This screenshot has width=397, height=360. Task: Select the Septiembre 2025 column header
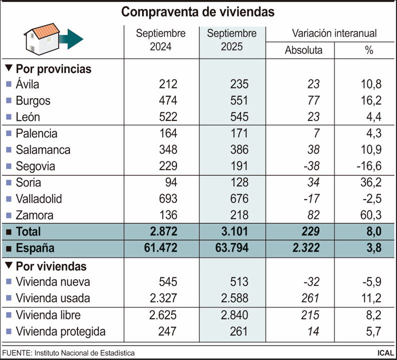(x=232, y=40)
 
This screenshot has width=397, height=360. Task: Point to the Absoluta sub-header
(x=303, y=50)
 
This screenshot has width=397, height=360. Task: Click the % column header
(x=369, y=50)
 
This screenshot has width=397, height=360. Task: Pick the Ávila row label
(x=27, y=84)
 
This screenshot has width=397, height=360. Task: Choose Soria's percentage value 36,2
(x=370, y=182)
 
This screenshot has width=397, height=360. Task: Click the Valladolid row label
(x=39, y=199)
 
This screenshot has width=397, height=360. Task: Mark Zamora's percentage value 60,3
(x=370, y=215)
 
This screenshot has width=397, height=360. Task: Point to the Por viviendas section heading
(x=51, y=266)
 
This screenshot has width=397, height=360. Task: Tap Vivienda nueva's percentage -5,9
(x=371, y=282)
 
